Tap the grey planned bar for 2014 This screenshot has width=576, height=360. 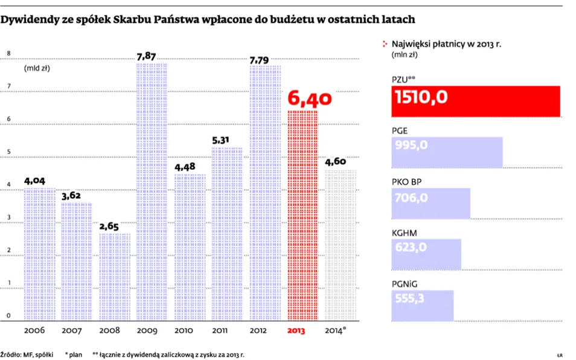(x=340, y=245)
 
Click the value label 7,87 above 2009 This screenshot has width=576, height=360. (x=152, y=57)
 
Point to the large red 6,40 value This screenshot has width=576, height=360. (x=310, y=97)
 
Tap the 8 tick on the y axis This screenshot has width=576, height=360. (x=9, y=53)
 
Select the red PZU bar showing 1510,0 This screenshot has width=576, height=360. (x=476, y=101)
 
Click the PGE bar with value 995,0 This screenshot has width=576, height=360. (x=447, y=152)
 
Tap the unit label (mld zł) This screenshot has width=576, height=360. (x=37, y=68)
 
